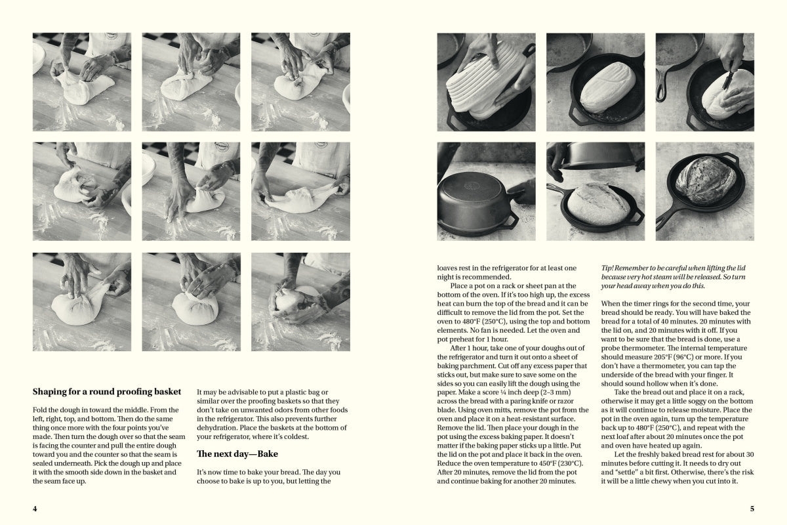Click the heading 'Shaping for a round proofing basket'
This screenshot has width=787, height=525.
(107, 392)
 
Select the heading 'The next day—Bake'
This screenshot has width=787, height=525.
(237, 453)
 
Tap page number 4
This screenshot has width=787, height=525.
(35, 509)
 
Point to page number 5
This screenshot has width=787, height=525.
(752, 509)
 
